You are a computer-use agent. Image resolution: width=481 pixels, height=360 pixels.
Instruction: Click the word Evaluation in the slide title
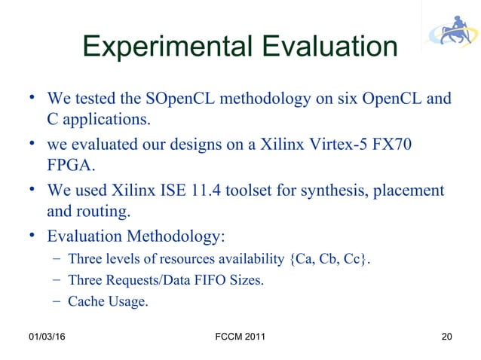click(326, 47)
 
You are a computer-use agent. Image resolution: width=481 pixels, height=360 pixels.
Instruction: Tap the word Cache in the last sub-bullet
click(86, 302)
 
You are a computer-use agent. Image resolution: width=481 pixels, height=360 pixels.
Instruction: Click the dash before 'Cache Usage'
click(57, 302)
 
